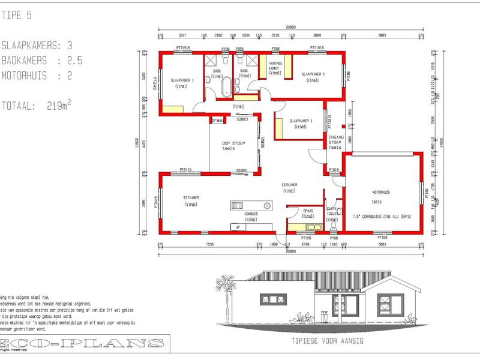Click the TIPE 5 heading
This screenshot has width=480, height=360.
[18, 16]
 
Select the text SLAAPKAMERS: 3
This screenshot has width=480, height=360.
[37, 46]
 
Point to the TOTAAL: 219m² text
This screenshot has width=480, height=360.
[37, 105]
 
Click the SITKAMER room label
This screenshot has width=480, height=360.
[191, 197]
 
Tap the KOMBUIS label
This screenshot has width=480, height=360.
[251, 214]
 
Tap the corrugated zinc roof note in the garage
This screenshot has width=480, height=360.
[381, 215]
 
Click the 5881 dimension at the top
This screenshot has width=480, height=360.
[382, 35]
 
